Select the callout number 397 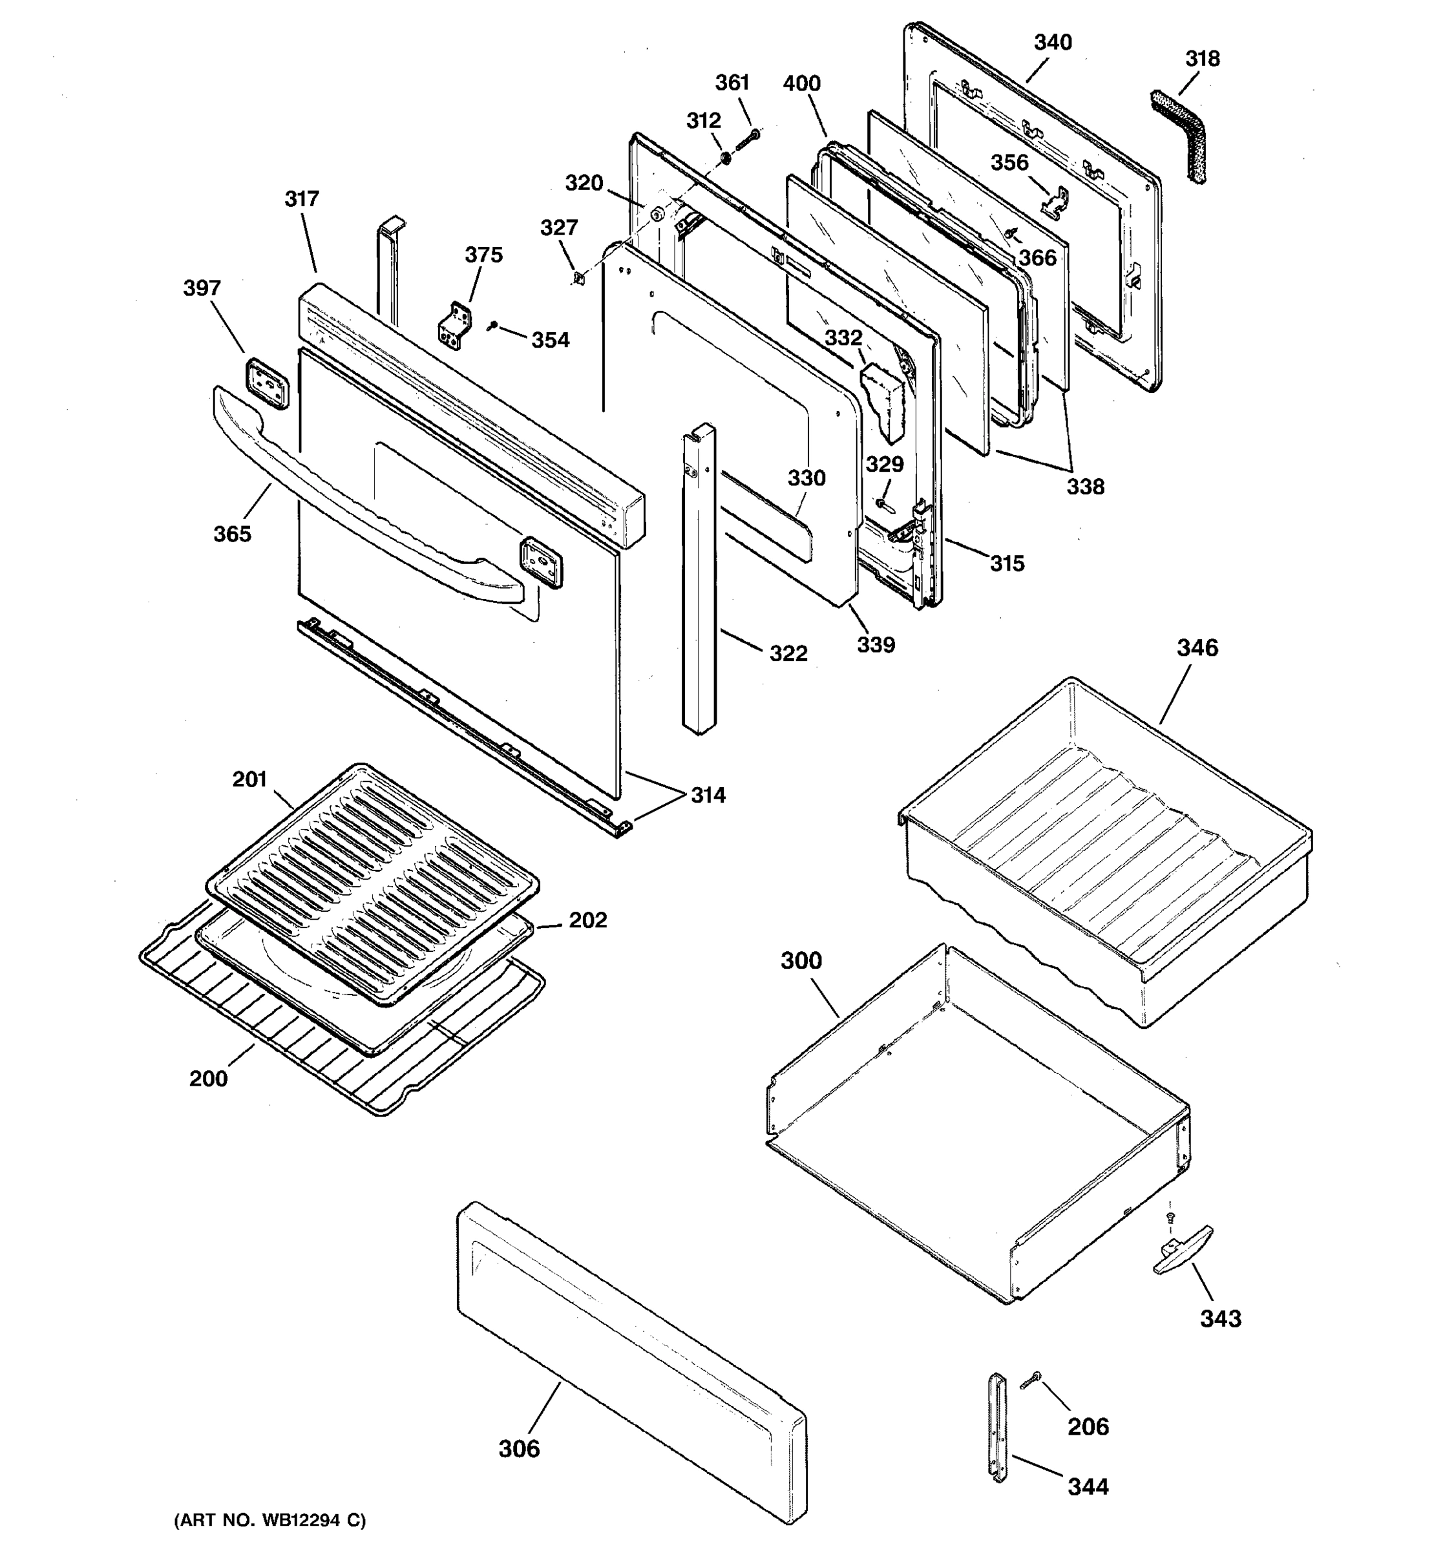[x=202, y=289]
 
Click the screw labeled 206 [x=1031, y=1382]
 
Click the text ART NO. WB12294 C [x=269, y=1520]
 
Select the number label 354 [x=551, y=340]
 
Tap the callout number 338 [x=1085, y=487]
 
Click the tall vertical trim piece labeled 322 [x=698, y=577]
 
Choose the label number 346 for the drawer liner [x=1197, y=648]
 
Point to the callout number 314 [x=708, y=795]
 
